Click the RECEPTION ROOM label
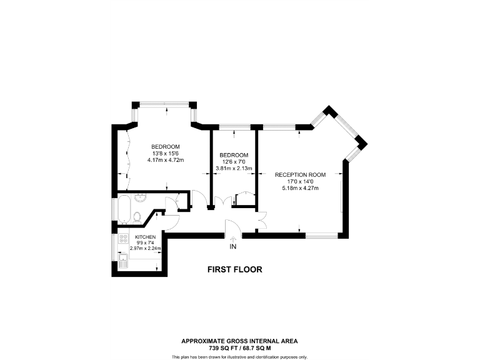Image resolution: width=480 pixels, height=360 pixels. coord(301,174)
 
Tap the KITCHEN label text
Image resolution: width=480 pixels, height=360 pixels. coord(145,237)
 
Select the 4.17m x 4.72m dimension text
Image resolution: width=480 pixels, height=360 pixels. coord(165,160)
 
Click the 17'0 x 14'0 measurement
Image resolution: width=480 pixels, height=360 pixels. coord(301,181)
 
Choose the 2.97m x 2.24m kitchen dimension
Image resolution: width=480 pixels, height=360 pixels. coord(145,248)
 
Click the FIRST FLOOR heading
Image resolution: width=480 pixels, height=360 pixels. coord(234,270)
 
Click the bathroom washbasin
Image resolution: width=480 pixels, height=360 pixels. coord(140,199)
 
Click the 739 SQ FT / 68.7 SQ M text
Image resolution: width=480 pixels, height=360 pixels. coord(239,348)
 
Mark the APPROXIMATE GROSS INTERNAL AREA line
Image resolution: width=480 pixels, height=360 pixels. coord(239,341)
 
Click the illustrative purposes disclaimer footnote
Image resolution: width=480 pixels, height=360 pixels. coord(239,356)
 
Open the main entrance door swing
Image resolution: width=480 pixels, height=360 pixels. coord(231,228)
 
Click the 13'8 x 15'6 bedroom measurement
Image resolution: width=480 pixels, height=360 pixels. coord(165,154)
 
